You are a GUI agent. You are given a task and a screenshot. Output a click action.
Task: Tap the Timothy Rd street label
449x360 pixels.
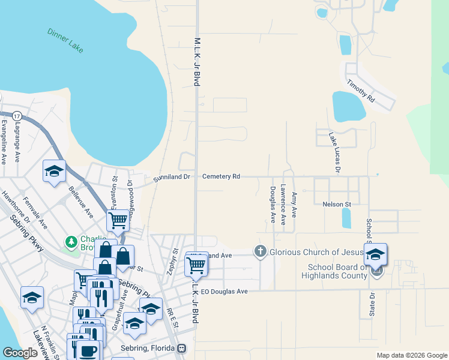(x=361, y=90)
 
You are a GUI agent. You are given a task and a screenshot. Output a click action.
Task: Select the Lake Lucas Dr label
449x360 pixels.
(x=334, y=152)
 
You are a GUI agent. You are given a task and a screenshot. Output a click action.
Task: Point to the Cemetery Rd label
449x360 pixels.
(x=221, y=176)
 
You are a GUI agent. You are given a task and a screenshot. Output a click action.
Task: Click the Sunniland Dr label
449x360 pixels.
(x=171, y=177)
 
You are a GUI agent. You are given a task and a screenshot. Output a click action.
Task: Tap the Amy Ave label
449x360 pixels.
(x=294, y=205)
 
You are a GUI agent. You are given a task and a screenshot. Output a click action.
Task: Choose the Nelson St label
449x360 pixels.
(x=336, y=204)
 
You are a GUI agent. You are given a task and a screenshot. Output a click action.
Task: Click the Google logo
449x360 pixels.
(x=20, y=353)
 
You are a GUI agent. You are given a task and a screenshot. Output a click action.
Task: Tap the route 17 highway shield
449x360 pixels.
(x=17, y=115)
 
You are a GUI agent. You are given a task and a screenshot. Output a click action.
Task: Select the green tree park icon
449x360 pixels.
(x=71, y=242)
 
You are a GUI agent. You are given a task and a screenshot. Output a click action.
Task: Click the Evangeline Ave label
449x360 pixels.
(x=4, y=142)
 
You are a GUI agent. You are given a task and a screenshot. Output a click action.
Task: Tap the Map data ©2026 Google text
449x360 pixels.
(x=411, y=355)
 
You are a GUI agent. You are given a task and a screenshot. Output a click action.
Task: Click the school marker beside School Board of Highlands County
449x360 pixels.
(x=375, y=254)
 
